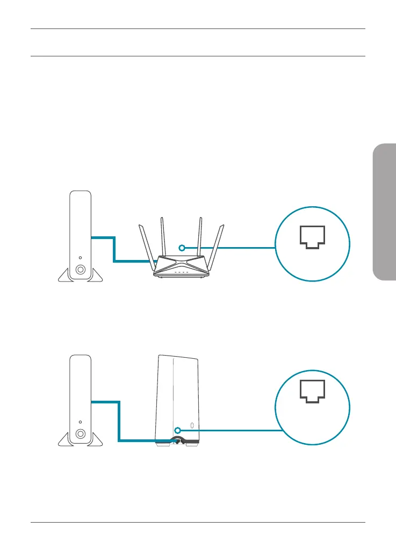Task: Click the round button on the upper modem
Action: [80, 270]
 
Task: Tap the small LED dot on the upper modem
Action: [80, 257]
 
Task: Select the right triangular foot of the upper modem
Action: [96, 276]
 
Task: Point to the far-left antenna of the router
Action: [146, 245]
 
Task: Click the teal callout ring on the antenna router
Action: [182, 248]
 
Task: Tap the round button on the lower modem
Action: [80, 433]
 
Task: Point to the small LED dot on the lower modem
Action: [80, 421]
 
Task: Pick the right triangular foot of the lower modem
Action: [96, 440]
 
